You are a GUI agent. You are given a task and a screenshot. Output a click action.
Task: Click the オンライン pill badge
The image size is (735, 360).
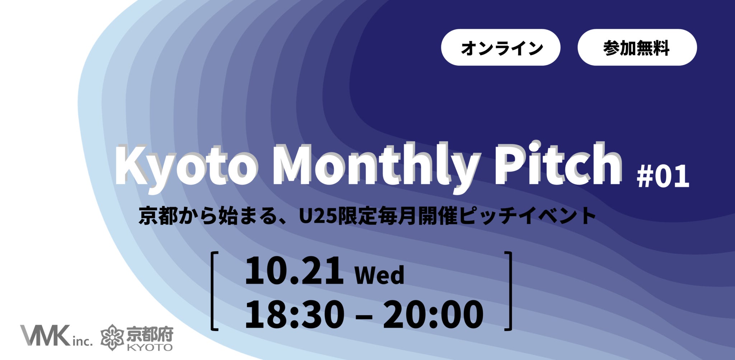(x=501, y=47)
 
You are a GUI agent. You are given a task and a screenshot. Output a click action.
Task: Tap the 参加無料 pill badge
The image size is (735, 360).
(x=637, y=47)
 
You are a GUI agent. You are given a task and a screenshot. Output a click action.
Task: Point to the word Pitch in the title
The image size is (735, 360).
(x=558, y=163)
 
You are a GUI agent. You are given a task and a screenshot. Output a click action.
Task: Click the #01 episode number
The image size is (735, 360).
(x=663, y=177)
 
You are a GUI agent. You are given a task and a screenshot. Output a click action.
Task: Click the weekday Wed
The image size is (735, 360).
(x=379, y=275)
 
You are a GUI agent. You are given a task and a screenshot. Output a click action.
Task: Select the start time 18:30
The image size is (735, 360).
(x=294, y=315)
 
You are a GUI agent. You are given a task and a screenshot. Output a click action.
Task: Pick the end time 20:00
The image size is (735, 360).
(x=433, y=315)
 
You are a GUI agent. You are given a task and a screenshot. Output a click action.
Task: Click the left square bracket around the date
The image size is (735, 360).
(x=212, y=291)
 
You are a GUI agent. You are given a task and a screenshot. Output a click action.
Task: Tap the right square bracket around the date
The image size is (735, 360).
(x=510, y=291)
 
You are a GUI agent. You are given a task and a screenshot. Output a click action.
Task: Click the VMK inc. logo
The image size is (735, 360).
(x=56, y=336)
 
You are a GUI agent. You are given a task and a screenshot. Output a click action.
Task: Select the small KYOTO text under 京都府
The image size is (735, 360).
(x=150, y=347)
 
